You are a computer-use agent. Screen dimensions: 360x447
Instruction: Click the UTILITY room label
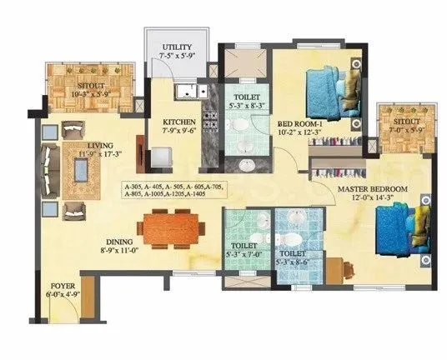pos(178,47)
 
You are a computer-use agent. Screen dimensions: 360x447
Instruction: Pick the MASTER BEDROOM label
pos(372,190)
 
